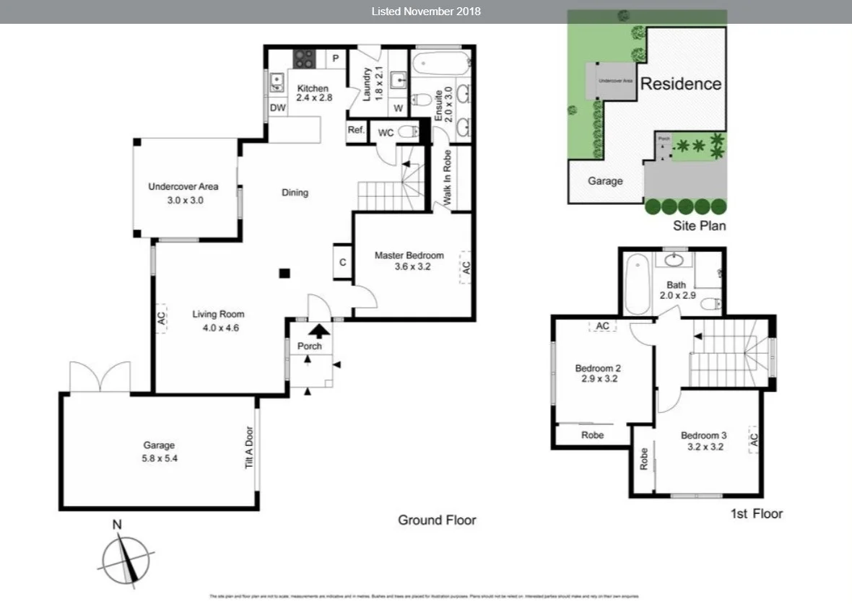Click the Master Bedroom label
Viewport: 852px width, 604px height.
(x=409, y=255)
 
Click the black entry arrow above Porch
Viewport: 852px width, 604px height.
(x=318, y=331)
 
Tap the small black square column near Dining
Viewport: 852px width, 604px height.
(x=285, y=273)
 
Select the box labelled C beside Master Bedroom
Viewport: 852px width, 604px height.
(x=342, y=263)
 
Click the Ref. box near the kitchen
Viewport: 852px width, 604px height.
(x=356, y=131)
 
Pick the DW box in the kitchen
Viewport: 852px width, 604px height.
(x=278, y=108)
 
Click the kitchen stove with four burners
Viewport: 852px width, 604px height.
(x=304, y=58)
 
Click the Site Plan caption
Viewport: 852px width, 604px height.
(x=699, y=226)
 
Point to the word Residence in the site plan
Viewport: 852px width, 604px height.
(x=680, y=84)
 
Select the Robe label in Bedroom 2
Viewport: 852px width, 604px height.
(x=592, y=435)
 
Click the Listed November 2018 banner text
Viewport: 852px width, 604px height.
(x=426, y=11)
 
